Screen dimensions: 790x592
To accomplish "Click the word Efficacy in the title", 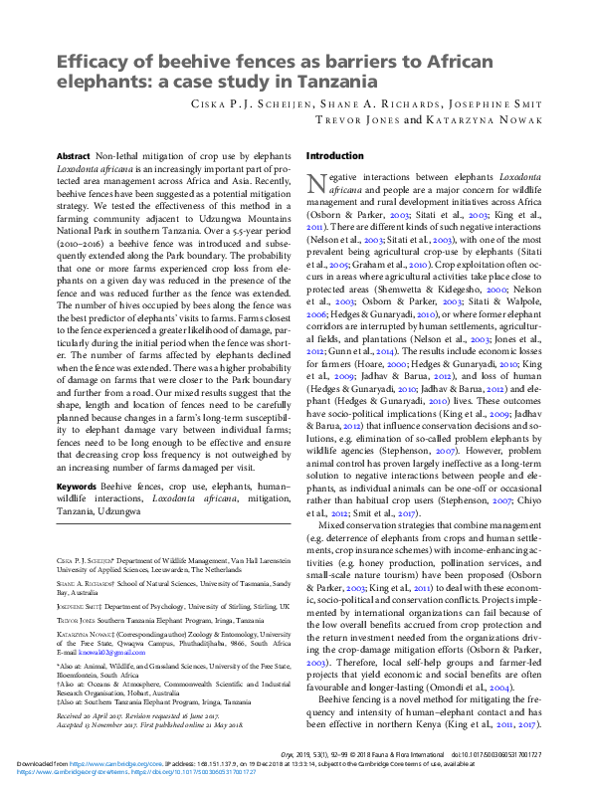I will click(87, 62).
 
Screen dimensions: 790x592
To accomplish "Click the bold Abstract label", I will click(73, 157).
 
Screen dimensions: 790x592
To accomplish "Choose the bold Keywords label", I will click(76, 487).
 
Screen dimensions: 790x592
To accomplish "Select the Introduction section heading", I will click(335, 156).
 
